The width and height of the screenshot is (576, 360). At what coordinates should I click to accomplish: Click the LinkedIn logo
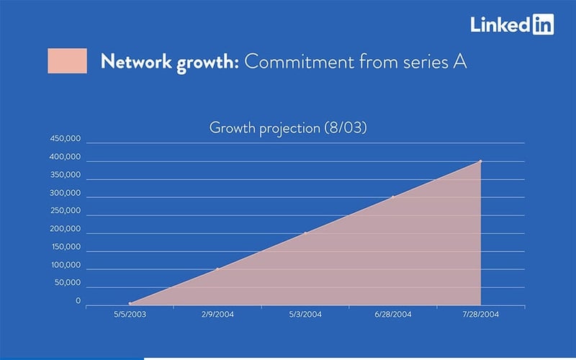tap(512, 24)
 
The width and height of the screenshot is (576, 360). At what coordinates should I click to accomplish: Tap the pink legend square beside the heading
tap(67, 61)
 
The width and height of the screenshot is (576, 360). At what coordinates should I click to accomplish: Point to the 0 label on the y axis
tap(78, 302)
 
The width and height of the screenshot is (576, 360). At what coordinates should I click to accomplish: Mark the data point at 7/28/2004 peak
tap(480, 161)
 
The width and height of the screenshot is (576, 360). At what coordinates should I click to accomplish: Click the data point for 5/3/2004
tap(305, 233)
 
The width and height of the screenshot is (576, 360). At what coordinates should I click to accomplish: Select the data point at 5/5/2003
tap(130, 304)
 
